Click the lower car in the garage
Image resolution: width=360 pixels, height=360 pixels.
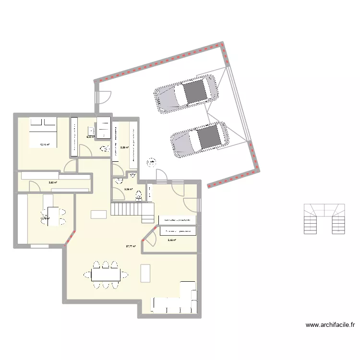(200, 138)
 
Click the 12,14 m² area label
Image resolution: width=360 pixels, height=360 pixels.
(45, 144)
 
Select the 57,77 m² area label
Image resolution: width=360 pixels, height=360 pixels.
(131, 247)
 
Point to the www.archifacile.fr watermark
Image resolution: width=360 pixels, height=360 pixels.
(330, 325)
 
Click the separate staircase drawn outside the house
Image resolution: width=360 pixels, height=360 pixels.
(325, 218)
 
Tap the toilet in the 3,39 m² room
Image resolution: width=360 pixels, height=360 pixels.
(139, 195)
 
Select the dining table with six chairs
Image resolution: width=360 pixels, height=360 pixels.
(106, 275)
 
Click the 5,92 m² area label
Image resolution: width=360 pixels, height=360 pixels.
(52, 182)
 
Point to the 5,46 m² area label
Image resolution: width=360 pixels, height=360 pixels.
(171, 240)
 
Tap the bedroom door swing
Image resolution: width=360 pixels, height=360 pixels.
(70, 166)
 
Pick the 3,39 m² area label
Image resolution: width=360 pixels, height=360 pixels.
(128, 189)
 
